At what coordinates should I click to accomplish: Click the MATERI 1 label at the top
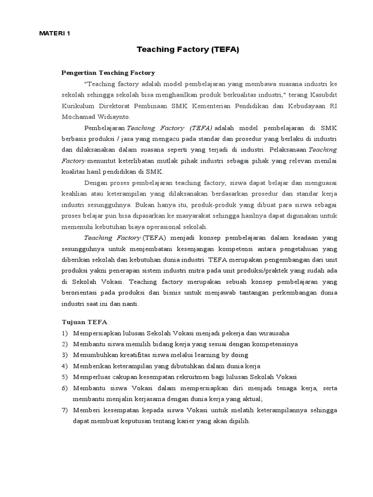tap(54, 34)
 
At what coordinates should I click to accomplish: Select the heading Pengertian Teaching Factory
tap(108, 73)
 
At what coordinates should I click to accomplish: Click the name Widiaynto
tap(117, 117)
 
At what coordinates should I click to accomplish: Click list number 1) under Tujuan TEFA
tap(65, 333)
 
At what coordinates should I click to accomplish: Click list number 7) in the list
tap(65, 411)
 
